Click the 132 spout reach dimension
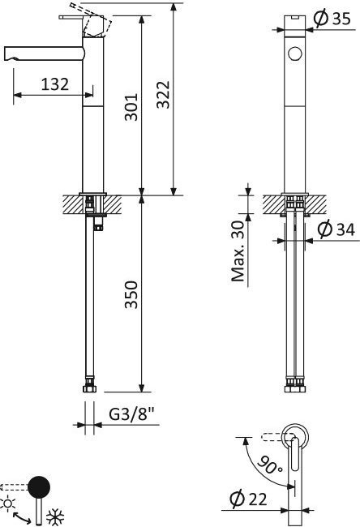tap(55, 84)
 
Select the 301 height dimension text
tap(131, 107)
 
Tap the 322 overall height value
tap(164, 94)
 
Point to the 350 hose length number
tap(131, 294)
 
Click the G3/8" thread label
tap(132, 414)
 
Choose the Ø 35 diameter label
tap(332, 19)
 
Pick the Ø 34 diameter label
tap(336, 229)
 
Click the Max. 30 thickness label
tap(238, 251)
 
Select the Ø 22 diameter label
tap(248, 499)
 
